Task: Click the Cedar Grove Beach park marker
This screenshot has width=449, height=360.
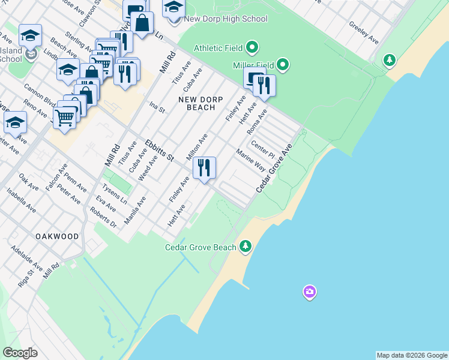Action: click(x=245, y=246)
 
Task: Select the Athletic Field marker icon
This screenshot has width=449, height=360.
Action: click(x=253, y=47)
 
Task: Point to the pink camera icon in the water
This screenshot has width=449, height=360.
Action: click(x=310, y=292)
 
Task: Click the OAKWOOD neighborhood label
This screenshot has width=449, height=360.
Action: click(x=57, y=236)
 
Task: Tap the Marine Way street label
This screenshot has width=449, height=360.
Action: click(x=250, y=161)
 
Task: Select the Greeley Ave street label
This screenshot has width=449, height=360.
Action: click(x=364, y=33)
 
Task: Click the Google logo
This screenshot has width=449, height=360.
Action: click(x=20, y=353)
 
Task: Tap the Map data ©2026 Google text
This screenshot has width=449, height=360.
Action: click(x=412, y=355)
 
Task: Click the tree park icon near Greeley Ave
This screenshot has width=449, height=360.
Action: click(x=390, y=60)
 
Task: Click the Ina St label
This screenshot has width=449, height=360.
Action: click(x=157, y=107)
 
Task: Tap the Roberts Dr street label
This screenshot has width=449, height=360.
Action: click(x=103, y=218)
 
